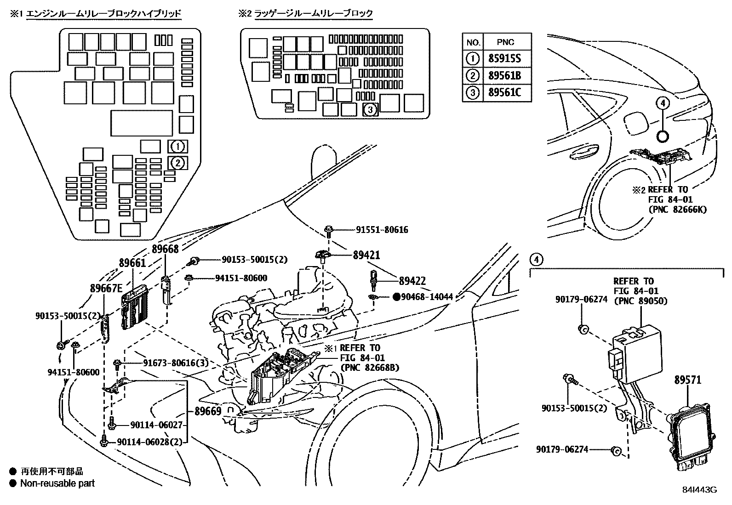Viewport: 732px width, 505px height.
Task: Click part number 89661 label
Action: coord(132,263)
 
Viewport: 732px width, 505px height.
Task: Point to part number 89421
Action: coord(366,255)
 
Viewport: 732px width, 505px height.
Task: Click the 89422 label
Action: coord(412,280)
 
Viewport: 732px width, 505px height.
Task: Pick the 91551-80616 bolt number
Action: coord(382,230)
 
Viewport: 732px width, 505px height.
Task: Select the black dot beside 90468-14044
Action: coord(396,297)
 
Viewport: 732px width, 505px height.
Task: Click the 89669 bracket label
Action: coord(208,411)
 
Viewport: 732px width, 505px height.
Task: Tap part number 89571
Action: coord(688,380)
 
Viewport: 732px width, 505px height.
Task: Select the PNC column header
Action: coord(506,42)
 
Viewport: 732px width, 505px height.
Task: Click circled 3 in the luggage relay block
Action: coord(371,109)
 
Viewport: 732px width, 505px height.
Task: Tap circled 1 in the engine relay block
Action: coord(177,147)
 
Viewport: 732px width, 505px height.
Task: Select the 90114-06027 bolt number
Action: coord(150,426)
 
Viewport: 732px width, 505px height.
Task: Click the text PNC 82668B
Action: coord(370,368)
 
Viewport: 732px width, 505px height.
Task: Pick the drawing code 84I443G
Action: coord(699,490)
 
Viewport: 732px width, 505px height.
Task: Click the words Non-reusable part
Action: coord(57,483)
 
